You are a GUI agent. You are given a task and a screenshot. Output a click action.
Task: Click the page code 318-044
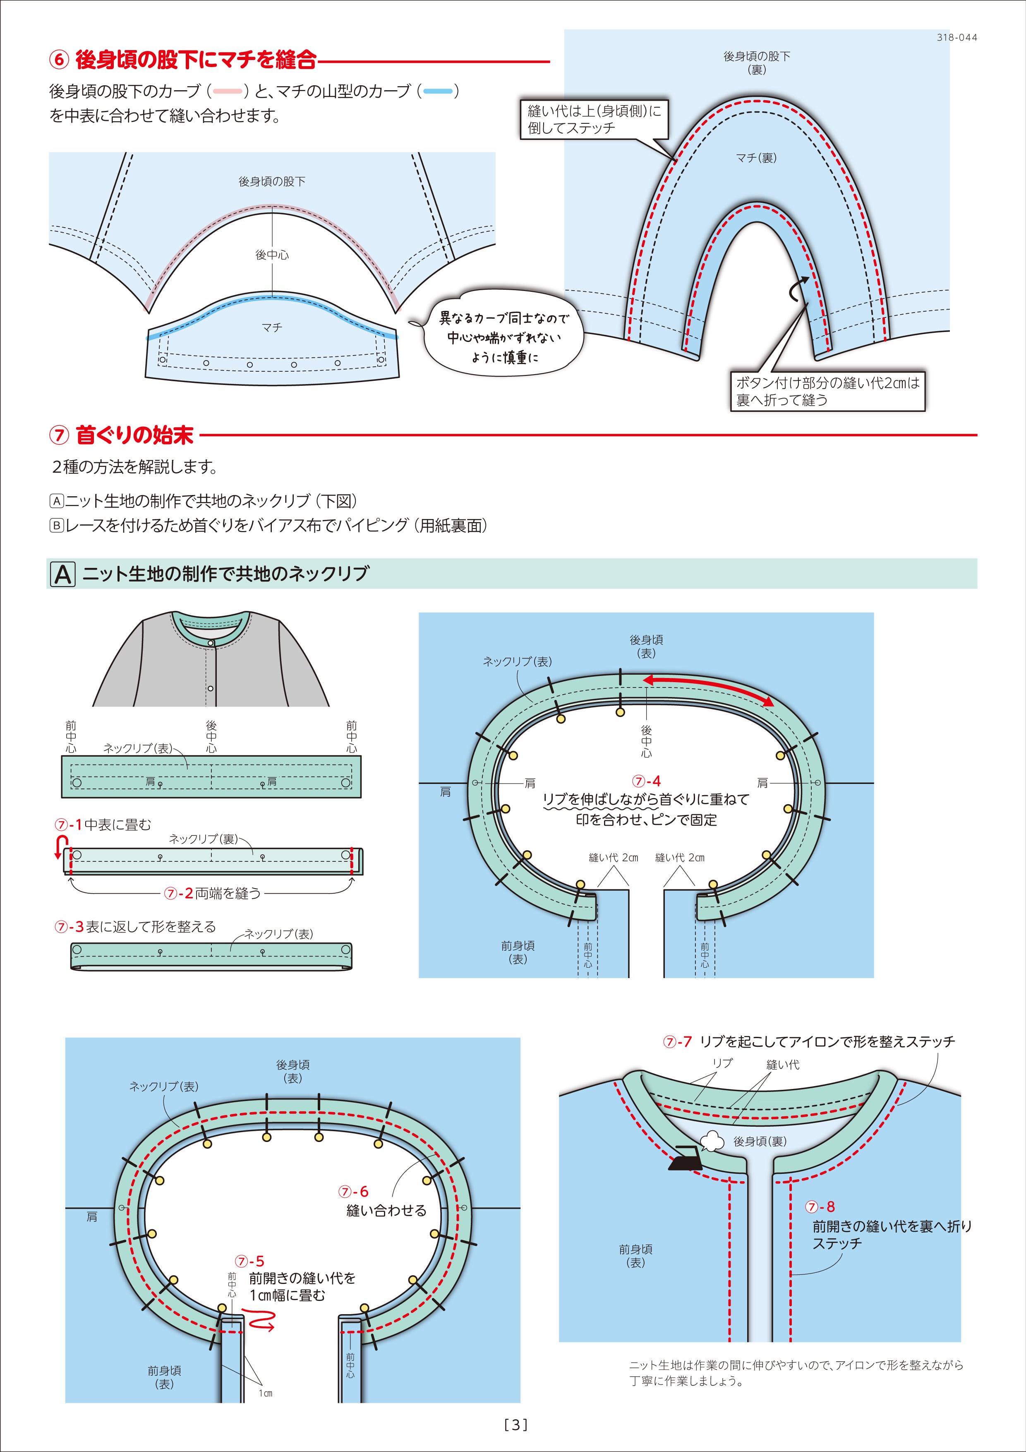tap(956, 37)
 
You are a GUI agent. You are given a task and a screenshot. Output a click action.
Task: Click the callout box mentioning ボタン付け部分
tap(827, 391)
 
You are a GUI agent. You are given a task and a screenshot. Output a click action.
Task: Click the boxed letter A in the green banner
tap(62, 574)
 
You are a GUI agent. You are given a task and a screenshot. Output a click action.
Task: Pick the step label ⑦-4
tap(646, 781)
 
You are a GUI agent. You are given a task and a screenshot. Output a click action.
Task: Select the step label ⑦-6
tap(353, 1192)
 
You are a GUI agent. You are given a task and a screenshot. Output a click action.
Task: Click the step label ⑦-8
tap(820, 1207)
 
